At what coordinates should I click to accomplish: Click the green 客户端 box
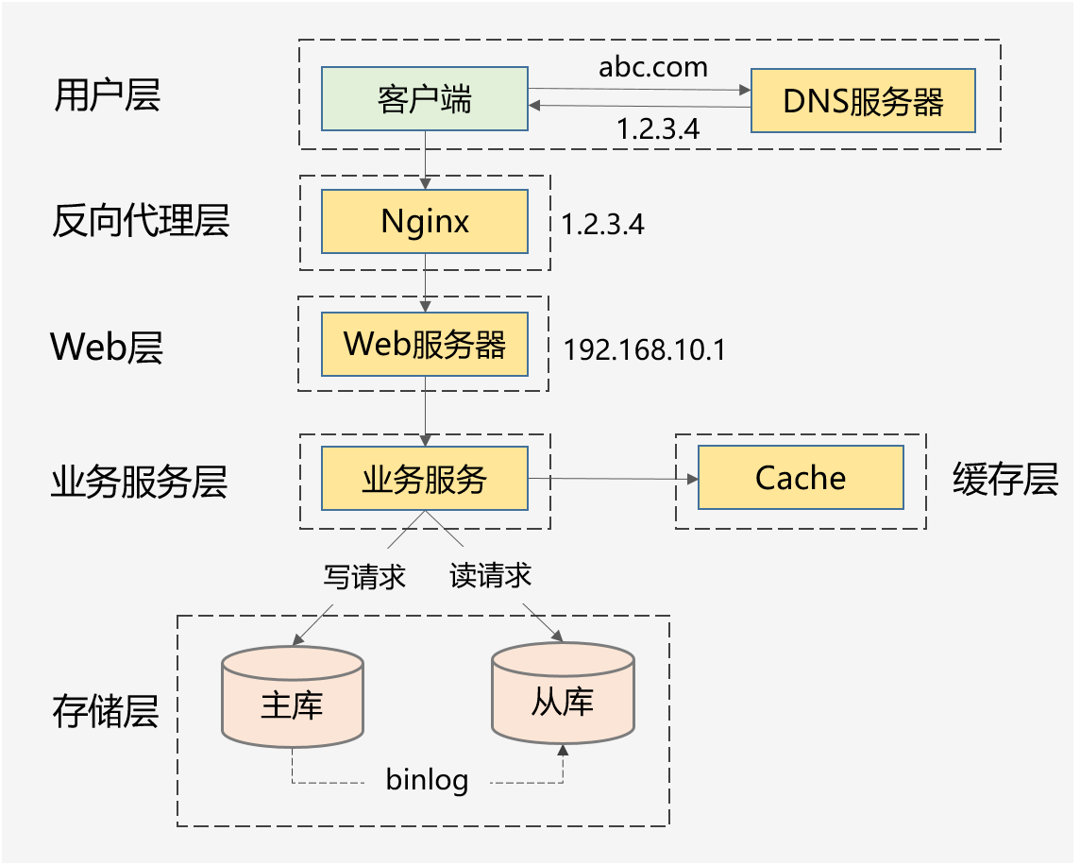click(425, 99)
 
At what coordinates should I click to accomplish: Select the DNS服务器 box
click(863, 100)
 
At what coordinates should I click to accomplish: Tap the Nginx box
click(425, 222)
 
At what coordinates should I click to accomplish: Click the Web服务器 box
click(425, 345)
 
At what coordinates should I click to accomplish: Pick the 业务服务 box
click(425, 480)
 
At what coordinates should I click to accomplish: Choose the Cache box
click(801, 479)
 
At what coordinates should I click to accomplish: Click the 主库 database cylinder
click(292, 704)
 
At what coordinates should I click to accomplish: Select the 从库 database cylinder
click(563, 701)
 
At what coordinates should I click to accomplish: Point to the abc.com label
click(653, 67)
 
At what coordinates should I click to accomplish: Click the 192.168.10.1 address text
click(645, 349)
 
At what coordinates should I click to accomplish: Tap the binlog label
click(428, 780)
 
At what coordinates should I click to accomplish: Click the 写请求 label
click(364, 576)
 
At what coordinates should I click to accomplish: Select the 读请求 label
click(490, 575)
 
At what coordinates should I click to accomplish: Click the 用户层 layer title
click(107, 95)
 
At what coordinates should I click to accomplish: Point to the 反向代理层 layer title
click(140, 221)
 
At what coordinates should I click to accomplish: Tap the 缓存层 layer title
click(1004, 480)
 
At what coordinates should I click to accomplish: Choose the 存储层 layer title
click(105, 711)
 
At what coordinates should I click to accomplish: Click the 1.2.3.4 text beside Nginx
click(603, 225)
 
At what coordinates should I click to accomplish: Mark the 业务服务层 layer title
click(139, 482)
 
